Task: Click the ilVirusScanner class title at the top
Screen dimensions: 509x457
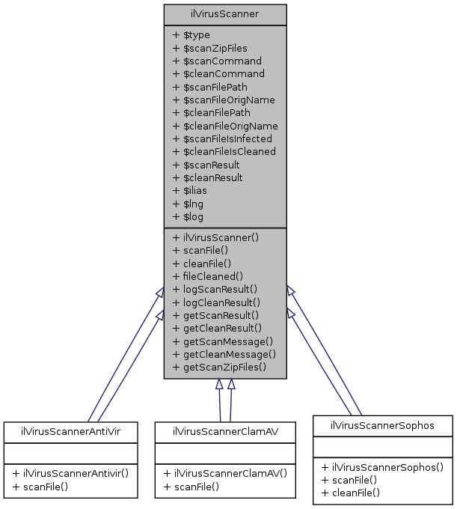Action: [x=225, y=14]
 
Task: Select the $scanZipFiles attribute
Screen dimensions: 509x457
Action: [x=209, y=48]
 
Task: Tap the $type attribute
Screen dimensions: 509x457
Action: [x=191, y=35]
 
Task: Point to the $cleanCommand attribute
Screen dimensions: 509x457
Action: [x=218, y=74]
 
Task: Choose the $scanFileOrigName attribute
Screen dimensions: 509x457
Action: [x=223, y=100]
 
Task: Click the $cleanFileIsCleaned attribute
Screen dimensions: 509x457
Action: [x=224, y=152]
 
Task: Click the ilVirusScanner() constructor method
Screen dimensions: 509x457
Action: [x=215, y=237]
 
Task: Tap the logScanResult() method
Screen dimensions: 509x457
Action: [x=215, y=289]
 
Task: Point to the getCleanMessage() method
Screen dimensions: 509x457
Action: [x=224, y=354]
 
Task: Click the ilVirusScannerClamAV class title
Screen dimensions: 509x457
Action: [x=225, y=431]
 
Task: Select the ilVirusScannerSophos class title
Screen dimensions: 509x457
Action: [x=382, y=425]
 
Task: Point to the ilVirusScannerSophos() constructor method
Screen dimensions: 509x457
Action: [x=382, y=467]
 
